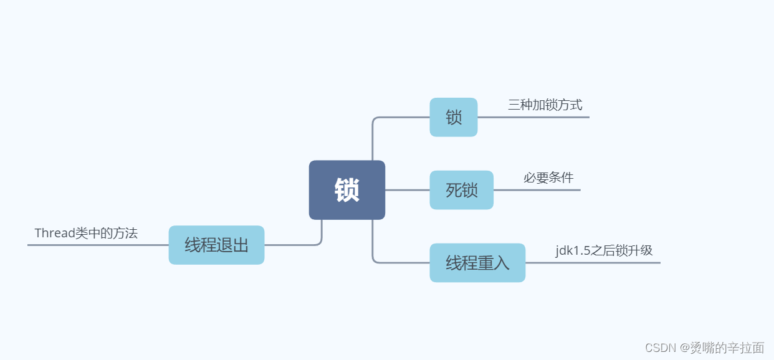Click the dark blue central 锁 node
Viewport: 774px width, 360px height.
(346, 190)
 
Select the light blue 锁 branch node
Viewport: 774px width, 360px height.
(453, 117)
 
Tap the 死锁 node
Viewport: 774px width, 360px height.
(461, 190)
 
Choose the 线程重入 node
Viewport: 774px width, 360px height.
(477, 263)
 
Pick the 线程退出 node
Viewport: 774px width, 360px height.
(216, 245)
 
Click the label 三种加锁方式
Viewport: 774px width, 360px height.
(545, 105)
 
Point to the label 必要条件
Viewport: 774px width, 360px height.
(548, 178)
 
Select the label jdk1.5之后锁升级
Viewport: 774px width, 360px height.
(604, 250)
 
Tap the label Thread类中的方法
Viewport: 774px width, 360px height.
(86, 233)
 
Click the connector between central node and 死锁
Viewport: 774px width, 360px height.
(408, 190)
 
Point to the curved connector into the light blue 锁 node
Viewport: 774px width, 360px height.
(399, 117)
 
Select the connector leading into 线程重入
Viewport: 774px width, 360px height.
(399, 262)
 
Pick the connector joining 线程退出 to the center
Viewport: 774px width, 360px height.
(293, 245)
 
